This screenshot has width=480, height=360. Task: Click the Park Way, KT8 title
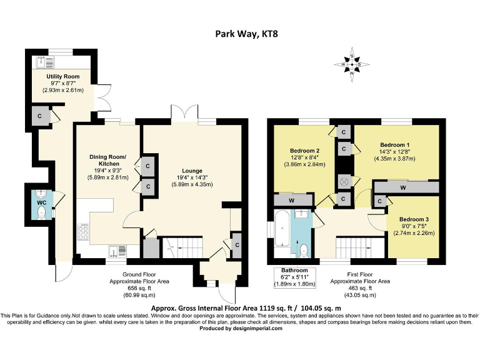click(x=246, y=33)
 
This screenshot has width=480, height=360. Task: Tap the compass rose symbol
click(x=352, y=64)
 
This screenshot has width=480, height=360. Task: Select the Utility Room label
click(x=63, y=76)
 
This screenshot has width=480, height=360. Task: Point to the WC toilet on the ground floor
click(x=41, y=212)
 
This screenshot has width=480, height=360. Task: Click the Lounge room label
click(x=192, y=171)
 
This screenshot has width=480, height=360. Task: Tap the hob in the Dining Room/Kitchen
click(x=83, y=232)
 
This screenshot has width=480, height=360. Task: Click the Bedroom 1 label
click(x=394, y=145)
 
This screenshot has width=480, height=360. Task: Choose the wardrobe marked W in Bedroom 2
click(x=292, y=201)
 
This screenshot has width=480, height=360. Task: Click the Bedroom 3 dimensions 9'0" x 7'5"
click(x=414, y=226)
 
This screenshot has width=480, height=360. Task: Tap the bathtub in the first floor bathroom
click(x=282, y=229)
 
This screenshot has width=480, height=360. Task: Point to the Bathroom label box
click(x=294, y=277)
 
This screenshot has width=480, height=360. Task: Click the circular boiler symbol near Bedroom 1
click(x=344, y=182)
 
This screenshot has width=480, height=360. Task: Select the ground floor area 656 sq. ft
click(x=139, y=288)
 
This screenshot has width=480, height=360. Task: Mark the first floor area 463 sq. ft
click(x=360, y=288)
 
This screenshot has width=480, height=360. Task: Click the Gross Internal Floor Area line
click(x=246, y=308)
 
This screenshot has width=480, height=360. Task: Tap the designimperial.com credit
click(x=241, y=329)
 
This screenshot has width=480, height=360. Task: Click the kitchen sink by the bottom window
click(x=117, y=251)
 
